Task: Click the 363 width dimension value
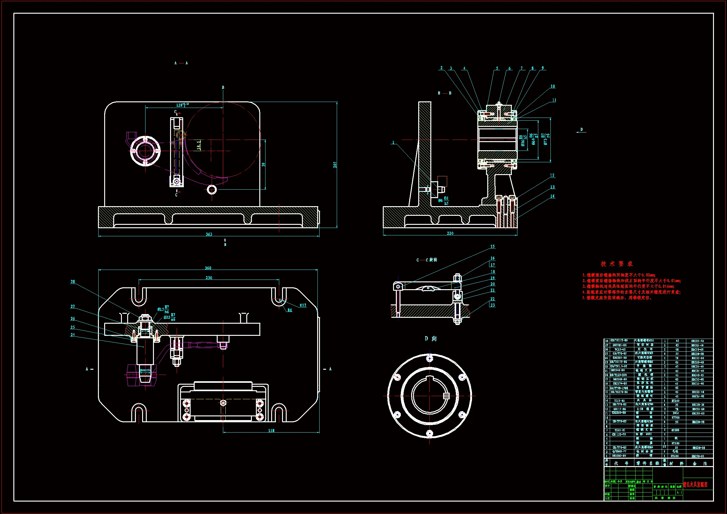pyautogui.click(x=209, y=234)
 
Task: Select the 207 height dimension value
pyautogui.click(x=335, y=165)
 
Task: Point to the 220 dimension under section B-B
pyautogui.click(x=450, y=234)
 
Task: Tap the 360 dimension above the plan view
pyautogui.click(x=208, y=268)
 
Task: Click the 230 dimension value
pyautogui.click(x=209, y=278)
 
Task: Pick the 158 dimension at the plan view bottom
pyautogui.click(x=271, y=431)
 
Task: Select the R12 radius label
pyautogui.click(x=303, y=305)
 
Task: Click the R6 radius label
pyautogui.click(x=290, y=310)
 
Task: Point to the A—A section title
pyautogui.click(x=181, y=63)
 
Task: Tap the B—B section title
pyautogui.click(x=445, y=93)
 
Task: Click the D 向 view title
pyautogui.click(x=431, y=339)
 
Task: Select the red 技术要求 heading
pyautogui.click(x=617, y=264)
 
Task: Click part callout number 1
pyautogui.click(x=393, y=142)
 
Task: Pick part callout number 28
pyautogui.click(x=73, y=281)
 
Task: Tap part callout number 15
pyautogui.click(x=492, y=246)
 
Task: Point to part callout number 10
pyautogui.click(x=553, y=86)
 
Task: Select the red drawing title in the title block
pyautogui.click(x=695, y=485)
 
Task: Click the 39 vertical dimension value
pyautogui.click(x=263, y=165)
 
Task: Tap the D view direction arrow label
pyautogui.click(x=581, y=129)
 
